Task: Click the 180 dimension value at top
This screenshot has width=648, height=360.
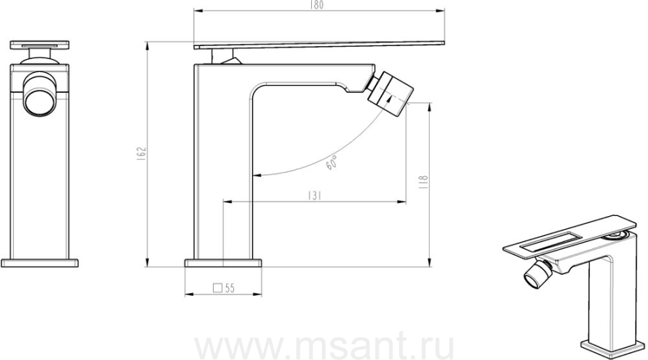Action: pyautogui.click(x=317, y=4)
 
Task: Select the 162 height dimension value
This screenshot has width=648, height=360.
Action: pyautogui.click(x=142, y=153)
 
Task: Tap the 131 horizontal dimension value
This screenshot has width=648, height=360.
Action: pyautogui.click(x=315, y=195)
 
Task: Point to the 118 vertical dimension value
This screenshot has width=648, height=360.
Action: pyautogui.click(x=424, y=181)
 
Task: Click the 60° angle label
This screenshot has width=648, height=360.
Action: pyautogui.click(x=331, y=163)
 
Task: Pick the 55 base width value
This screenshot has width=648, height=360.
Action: pyautogui.click(x=230, y=288)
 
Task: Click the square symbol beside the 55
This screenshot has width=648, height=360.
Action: pyautogui.click(x=217, y=288)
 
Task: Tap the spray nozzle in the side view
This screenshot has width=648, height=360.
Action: pyautogui.click(x=390, y=93)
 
